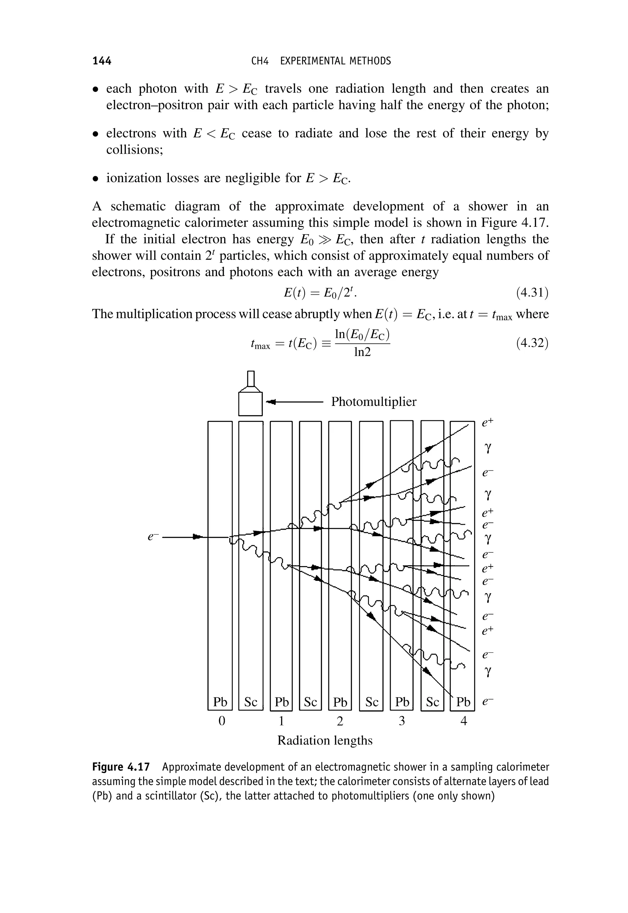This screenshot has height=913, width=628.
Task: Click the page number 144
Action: point(102,61)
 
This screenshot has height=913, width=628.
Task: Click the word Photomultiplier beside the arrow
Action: point(373,402)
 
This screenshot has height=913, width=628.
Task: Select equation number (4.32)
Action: point(532,344)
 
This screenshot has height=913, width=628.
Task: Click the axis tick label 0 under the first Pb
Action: point(221,721)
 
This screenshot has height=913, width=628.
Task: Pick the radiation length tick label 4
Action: point(464,721)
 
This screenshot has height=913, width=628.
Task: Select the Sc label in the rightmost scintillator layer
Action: point(432,702)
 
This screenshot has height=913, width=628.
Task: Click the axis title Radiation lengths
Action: point(325,740)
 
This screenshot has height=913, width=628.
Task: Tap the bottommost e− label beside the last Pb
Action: point(488,701)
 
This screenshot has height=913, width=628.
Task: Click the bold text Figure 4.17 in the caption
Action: point(121,767)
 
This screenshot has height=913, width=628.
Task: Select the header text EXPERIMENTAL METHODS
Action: point(335,61)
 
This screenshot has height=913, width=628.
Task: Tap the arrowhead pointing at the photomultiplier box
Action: point(271,402)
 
